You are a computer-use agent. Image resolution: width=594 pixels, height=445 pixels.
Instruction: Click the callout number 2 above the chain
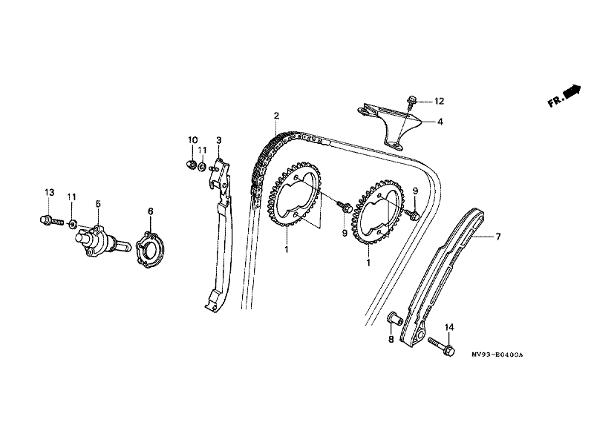(x=276, y=116)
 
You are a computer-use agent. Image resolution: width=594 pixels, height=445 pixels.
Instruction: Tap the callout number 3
(x=219, y=140)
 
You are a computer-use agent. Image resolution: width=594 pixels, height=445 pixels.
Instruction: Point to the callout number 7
(x=498, y=237)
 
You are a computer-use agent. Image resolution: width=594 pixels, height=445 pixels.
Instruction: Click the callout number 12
(x=439, y=100)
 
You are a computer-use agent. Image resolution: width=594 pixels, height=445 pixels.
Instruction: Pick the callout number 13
(x=49, y=193)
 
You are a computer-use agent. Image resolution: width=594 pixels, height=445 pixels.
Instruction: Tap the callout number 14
(x=448, y=327)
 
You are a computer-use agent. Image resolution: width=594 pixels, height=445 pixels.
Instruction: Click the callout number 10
(x=192, y=140)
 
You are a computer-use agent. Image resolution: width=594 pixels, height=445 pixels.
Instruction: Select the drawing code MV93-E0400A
(x=497, y=355)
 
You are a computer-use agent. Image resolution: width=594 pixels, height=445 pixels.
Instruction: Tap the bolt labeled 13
(x=47, y=220)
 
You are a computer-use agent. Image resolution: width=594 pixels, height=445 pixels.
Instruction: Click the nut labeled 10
(x=190, y=164)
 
